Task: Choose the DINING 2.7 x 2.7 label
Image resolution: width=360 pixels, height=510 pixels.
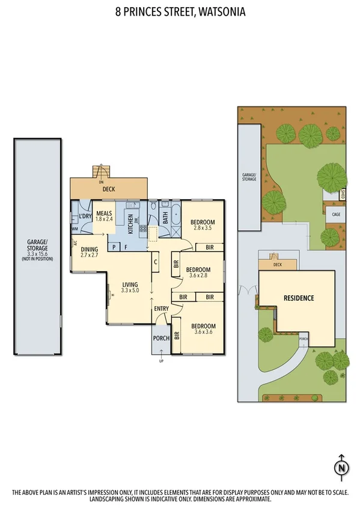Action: click(89, 252)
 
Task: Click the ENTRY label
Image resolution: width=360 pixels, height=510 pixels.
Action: click(161, 309)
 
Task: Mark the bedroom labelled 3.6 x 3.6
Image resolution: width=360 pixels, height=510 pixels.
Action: click(203, 329)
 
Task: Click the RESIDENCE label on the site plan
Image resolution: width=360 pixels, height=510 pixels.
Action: click(299, 298)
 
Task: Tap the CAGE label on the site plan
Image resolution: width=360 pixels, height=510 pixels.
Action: click(335, 213)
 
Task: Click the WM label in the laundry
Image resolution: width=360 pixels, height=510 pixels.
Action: click(75, 229)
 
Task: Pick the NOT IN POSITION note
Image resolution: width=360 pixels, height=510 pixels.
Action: click(37, 259)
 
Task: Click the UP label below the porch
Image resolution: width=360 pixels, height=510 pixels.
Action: click(160, 361)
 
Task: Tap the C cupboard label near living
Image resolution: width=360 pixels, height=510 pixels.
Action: click(155, 262)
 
